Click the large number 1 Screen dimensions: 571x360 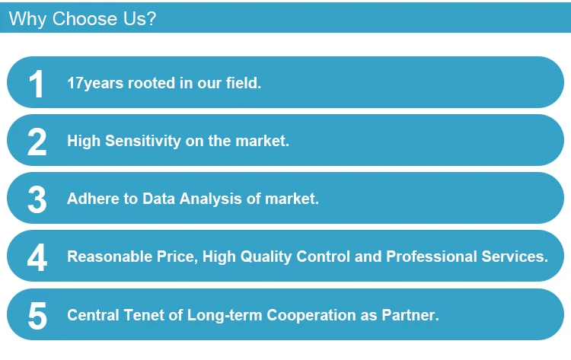37,84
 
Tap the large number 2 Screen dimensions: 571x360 37,142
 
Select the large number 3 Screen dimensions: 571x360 37,199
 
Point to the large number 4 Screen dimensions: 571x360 37,257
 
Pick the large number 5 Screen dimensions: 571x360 37,316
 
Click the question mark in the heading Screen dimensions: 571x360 152,18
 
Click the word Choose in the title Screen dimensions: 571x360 85,18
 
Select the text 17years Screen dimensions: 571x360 95,84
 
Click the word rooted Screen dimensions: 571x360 152,83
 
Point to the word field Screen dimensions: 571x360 244,83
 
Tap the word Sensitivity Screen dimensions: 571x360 143,141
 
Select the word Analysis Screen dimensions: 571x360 210,199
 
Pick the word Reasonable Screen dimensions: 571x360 110,256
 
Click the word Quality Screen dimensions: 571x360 266,256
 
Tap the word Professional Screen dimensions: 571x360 431,256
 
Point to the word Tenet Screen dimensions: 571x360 144,315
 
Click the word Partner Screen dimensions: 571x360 410,315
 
